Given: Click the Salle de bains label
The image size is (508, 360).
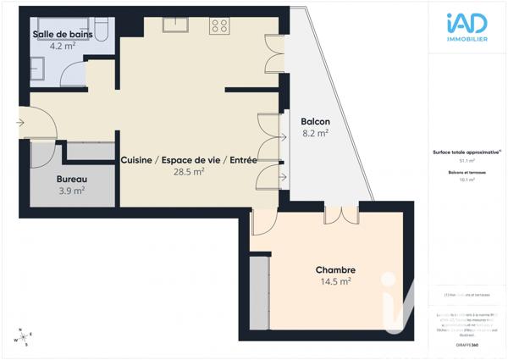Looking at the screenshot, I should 63,35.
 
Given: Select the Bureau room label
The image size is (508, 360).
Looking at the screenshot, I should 72,180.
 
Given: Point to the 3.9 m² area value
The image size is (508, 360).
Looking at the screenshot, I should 71,191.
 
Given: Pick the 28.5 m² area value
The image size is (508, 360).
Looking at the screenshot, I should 188,171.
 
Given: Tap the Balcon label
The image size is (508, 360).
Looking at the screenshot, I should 316,121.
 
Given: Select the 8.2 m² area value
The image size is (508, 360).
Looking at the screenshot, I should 315,133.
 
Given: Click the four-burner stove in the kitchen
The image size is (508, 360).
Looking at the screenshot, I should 219,25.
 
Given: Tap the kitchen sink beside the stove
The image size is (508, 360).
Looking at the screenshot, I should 174,25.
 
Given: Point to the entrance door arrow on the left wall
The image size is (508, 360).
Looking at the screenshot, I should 20,123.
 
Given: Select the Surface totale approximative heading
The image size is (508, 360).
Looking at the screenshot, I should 467,152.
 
